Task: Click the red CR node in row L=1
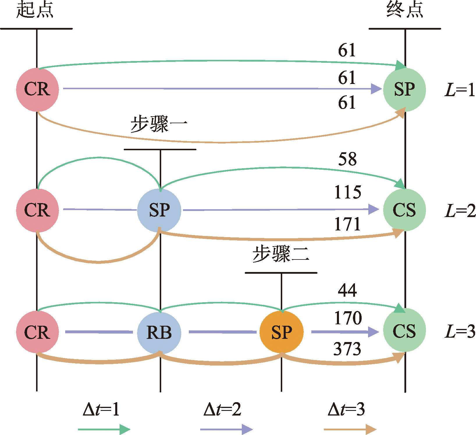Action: coord(37,89)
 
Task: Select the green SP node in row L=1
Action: coord(404,89)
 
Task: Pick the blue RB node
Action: coord(159,332)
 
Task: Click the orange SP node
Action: coord(281,332)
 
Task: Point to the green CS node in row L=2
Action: coord(404,210)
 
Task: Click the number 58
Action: coord(347,159)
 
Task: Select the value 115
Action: coord(348,192)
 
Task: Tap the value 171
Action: coord(348,224)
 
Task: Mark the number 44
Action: coord(347,290)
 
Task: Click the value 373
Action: coord(347,349)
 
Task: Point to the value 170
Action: coord(348,318)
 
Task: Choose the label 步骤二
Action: coord(281,254)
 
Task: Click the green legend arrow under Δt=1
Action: coord(104,429)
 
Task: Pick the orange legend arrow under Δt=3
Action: coord(350,429)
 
